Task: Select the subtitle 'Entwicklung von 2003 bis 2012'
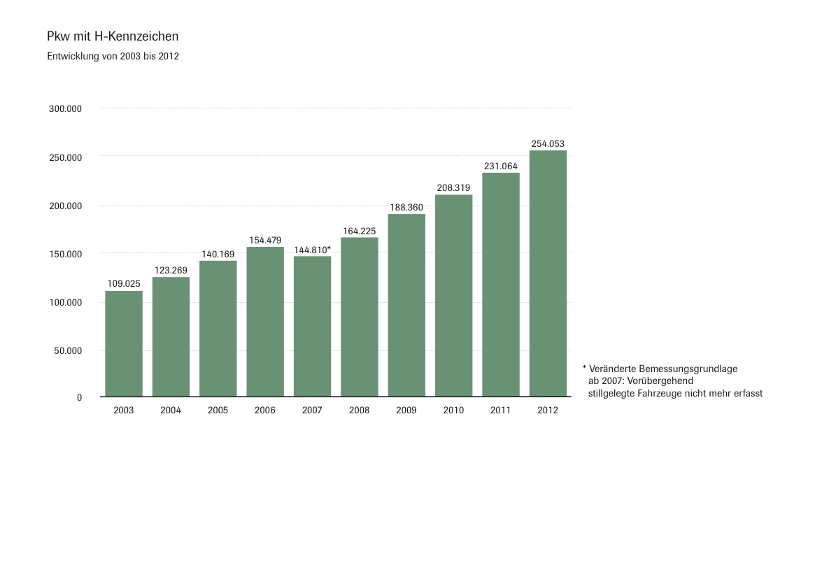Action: [113, 57]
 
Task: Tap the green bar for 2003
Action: [124, 343]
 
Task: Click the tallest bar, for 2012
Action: [548, 273]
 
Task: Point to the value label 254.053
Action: [548, 144]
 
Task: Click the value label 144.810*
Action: [312, 250]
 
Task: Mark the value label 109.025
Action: [124, 284]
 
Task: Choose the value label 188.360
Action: [406, 207]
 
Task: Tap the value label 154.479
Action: [265, 241]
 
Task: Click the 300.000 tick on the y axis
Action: [65, 109]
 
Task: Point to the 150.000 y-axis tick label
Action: [65, 254]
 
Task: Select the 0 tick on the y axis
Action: [79, 397]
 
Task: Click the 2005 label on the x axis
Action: [218, 411]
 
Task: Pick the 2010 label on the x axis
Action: [453, 411]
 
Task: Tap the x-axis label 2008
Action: [359, 411]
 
